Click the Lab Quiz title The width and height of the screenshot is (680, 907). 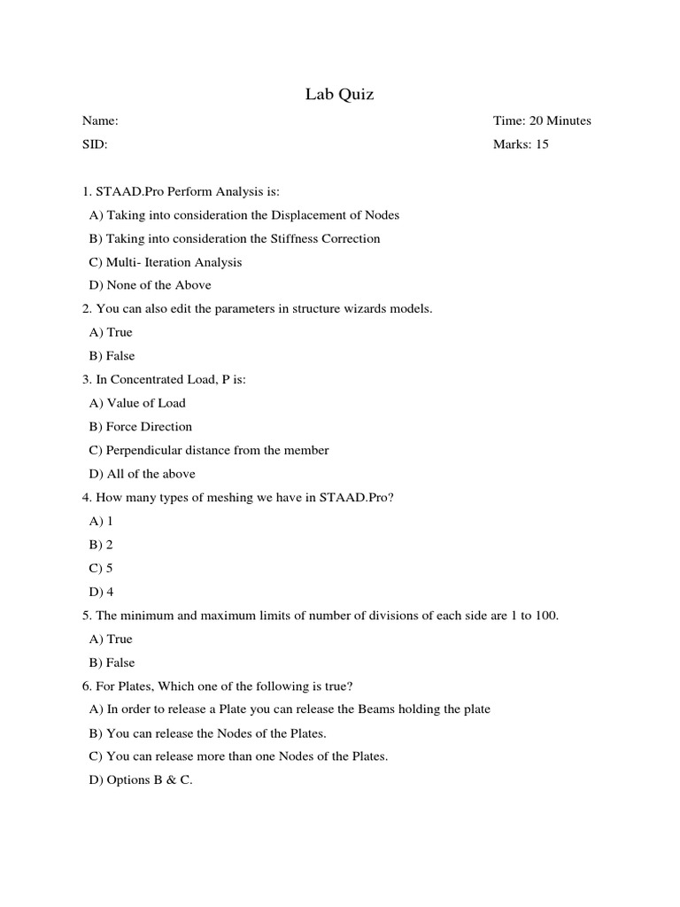pos(339,94)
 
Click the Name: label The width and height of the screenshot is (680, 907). pos(100,121)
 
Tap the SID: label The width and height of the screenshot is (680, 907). pos(95,144)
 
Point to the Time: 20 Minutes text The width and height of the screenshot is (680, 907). pos(541,121)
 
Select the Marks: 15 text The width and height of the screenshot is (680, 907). pos(521,144)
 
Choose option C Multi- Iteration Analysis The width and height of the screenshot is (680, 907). pos(166,262)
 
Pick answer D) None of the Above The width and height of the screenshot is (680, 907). pos(150,285)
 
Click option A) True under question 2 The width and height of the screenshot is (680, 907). pos(111,332)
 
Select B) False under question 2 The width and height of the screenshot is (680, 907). pos(112,356)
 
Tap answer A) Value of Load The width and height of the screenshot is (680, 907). pos(137,403)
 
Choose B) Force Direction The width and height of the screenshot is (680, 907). pos(140,427)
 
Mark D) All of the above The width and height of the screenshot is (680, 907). pos(142,474)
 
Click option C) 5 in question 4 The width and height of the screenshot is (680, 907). pos(101,569)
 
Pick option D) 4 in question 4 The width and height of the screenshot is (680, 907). pos(101,592)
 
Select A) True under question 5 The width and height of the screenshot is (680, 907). pos(111,640)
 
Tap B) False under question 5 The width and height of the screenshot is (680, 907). pos(112,663)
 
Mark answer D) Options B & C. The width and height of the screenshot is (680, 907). pos(141,780)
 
